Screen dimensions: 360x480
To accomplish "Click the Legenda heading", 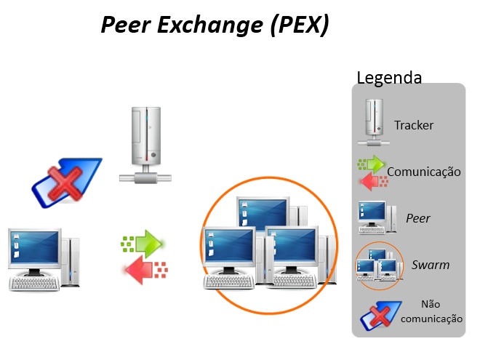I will point(389,77).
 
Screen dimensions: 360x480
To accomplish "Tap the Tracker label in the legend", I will point(414,125).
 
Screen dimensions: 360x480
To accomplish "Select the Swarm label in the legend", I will point(430,265).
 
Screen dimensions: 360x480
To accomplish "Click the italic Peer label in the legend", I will point(417,217).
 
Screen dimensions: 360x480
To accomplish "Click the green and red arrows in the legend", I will point(372,172).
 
